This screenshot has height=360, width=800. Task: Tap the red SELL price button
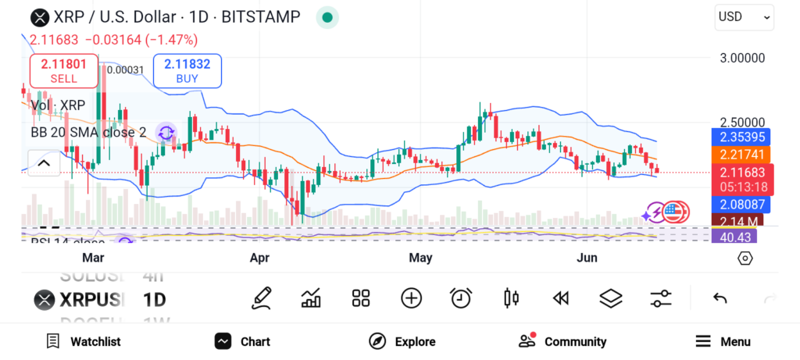point(64,70)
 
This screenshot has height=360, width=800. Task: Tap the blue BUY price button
point(187,70)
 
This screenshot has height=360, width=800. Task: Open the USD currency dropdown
point(744,16)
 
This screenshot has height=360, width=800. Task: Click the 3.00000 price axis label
point(741,58)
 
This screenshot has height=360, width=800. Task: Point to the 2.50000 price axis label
point(741,123)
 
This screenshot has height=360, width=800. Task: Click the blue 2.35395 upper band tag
point(740,137)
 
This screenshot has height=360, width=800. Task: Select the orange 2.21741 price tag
point(740,155)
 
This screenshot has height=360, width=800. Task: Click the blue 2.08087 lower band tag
point(740,205)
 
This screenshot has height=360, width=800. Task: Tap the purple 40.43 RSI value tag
point(734,237)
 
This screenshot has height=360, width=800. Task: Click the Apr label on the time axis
point(259,258)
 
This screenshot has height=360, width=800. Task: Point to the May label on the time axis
point(420,258)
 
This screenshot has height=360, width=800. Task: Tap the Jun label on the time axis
point(586,258)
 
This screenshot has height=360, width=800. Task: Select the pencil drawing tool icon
point(262,298)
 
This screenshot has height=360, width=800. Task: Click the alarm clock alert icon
point(461,298)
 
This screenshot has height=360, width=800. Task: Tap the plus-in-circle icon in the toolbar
point(411,298)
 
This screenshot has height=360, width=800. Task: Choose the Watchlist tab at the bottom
point(84,341)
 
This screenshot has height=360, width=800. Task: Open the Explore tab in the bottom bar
point(402,341)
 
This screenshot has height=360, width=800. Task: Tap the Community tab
point(562,341)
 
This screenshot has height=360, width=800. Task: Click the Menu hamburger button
point(723,341)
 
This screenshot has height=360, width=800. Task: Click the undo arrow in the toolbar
point(720,298)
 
